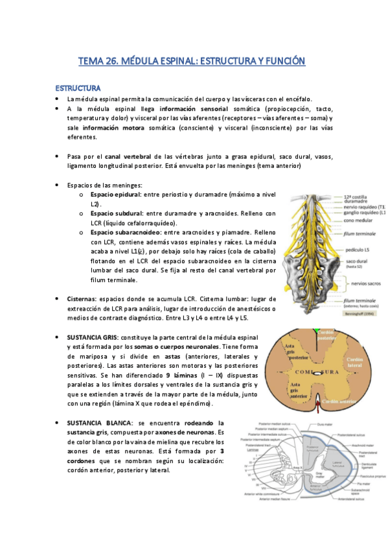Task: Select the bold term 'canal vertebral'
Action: [129, 156]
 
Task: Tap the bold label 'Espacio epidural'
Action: [116, 195]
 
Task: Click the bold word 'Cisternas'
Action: [82, 299]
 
